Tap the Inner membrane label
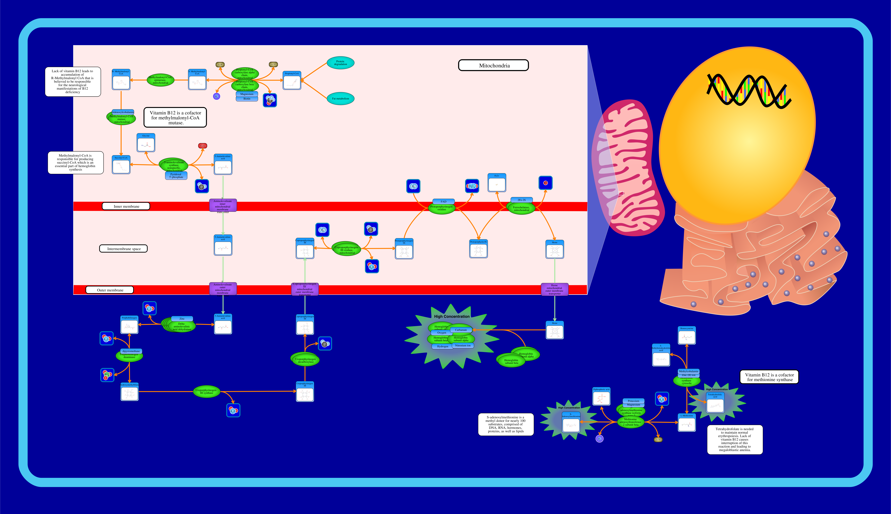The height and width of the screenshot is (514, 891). [126, 206]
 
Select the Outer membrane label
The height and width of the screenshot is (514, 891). [110, 290]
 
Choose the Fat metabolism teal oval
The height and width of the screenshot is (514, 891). [340, 99]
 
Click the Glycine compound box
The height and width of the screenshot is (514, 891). [146, 143]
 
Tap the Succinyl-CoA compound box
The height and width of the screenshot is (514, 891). [121, 165]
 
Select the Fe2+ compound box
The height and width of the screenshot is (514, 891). [497, 183]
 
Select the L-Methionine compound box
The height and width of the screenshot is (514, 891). [687, 423]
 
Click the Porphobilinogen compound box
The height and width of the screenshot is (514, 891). [129, 325]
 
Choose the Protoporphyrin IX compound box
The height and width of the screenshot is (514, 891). [478, 249]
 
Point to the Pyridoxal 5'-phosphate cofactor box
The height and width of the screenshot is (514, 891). [176, 175]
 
